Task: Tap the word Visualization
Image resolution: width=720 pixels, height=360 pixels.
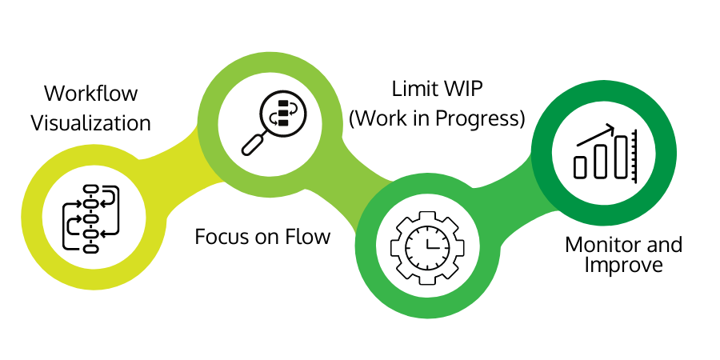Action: coord(90,123)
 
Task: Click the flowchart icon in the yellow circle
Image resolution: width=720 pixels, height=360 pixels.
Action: coord(90,218)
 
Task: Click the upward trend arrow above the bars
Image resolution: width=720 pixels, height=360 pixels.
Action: coord(594,136)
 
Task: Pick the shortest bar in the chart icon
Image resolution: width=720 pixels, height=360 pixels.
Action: coord(581,166)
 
